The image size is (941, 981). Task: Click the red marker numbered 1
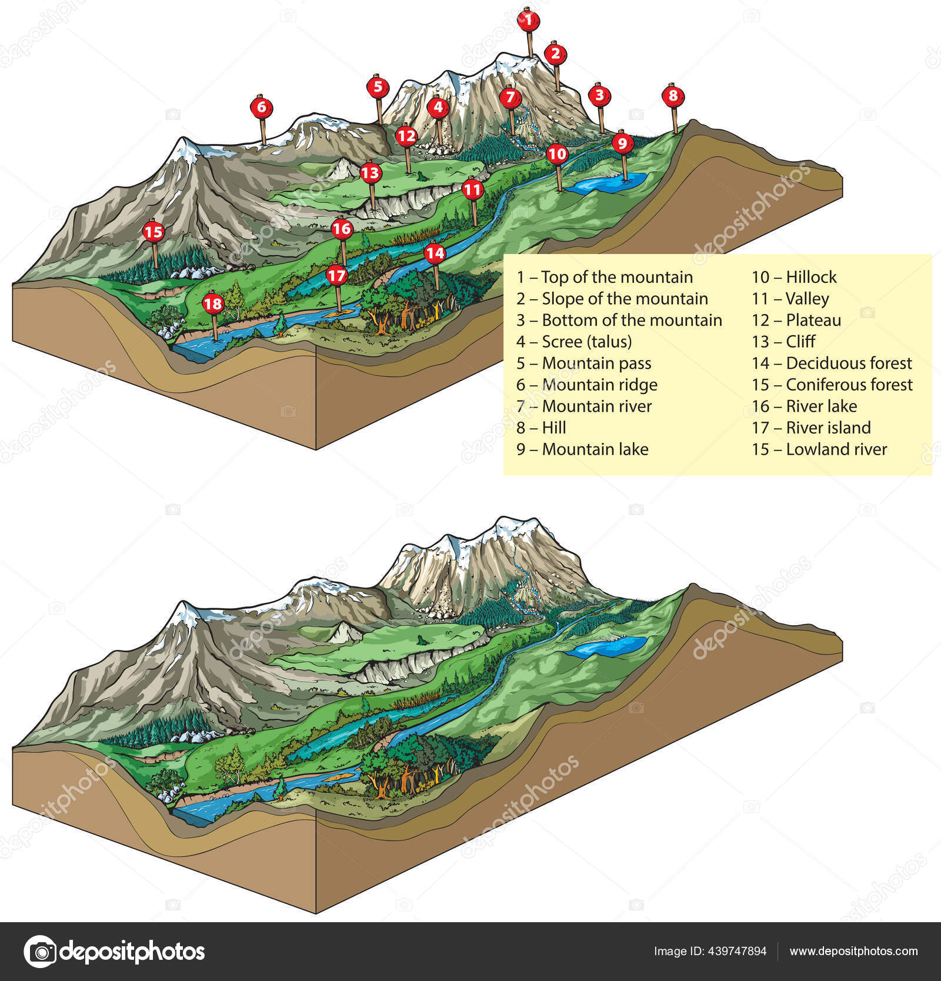click(x=528, y=20)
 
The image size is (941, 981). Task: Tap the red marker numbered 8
click(x=673, y=95)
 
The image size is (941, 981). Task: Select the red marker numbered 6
click(x=262, y=107)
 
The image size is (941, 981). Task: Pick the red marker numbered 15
click(x=154, y=231)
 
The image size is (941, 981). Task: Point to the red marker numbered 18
click(x=213, y=303)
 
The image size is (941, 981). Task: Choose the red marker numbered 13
click(x=370, y=173)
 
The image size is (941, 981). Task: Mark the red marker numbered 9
click(x=622, y=142)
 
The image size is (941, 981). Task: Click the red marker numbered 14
click(x=435, y=253)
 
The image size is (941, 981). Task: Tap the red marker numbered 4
click(x=438, y=108)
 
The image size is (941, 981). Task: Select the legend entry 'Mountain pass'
click(x=596, y=363)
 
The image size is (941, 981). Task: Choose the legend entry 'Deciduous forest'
click(x=848, y=363)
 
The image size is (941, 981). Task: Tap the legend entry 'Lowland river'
click(x=836, y=449)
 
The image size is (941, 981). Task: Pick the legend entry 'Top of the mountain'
click(x=616, y=277)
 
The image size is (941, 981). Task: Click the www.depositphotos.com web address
click(x=853, y=951)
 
